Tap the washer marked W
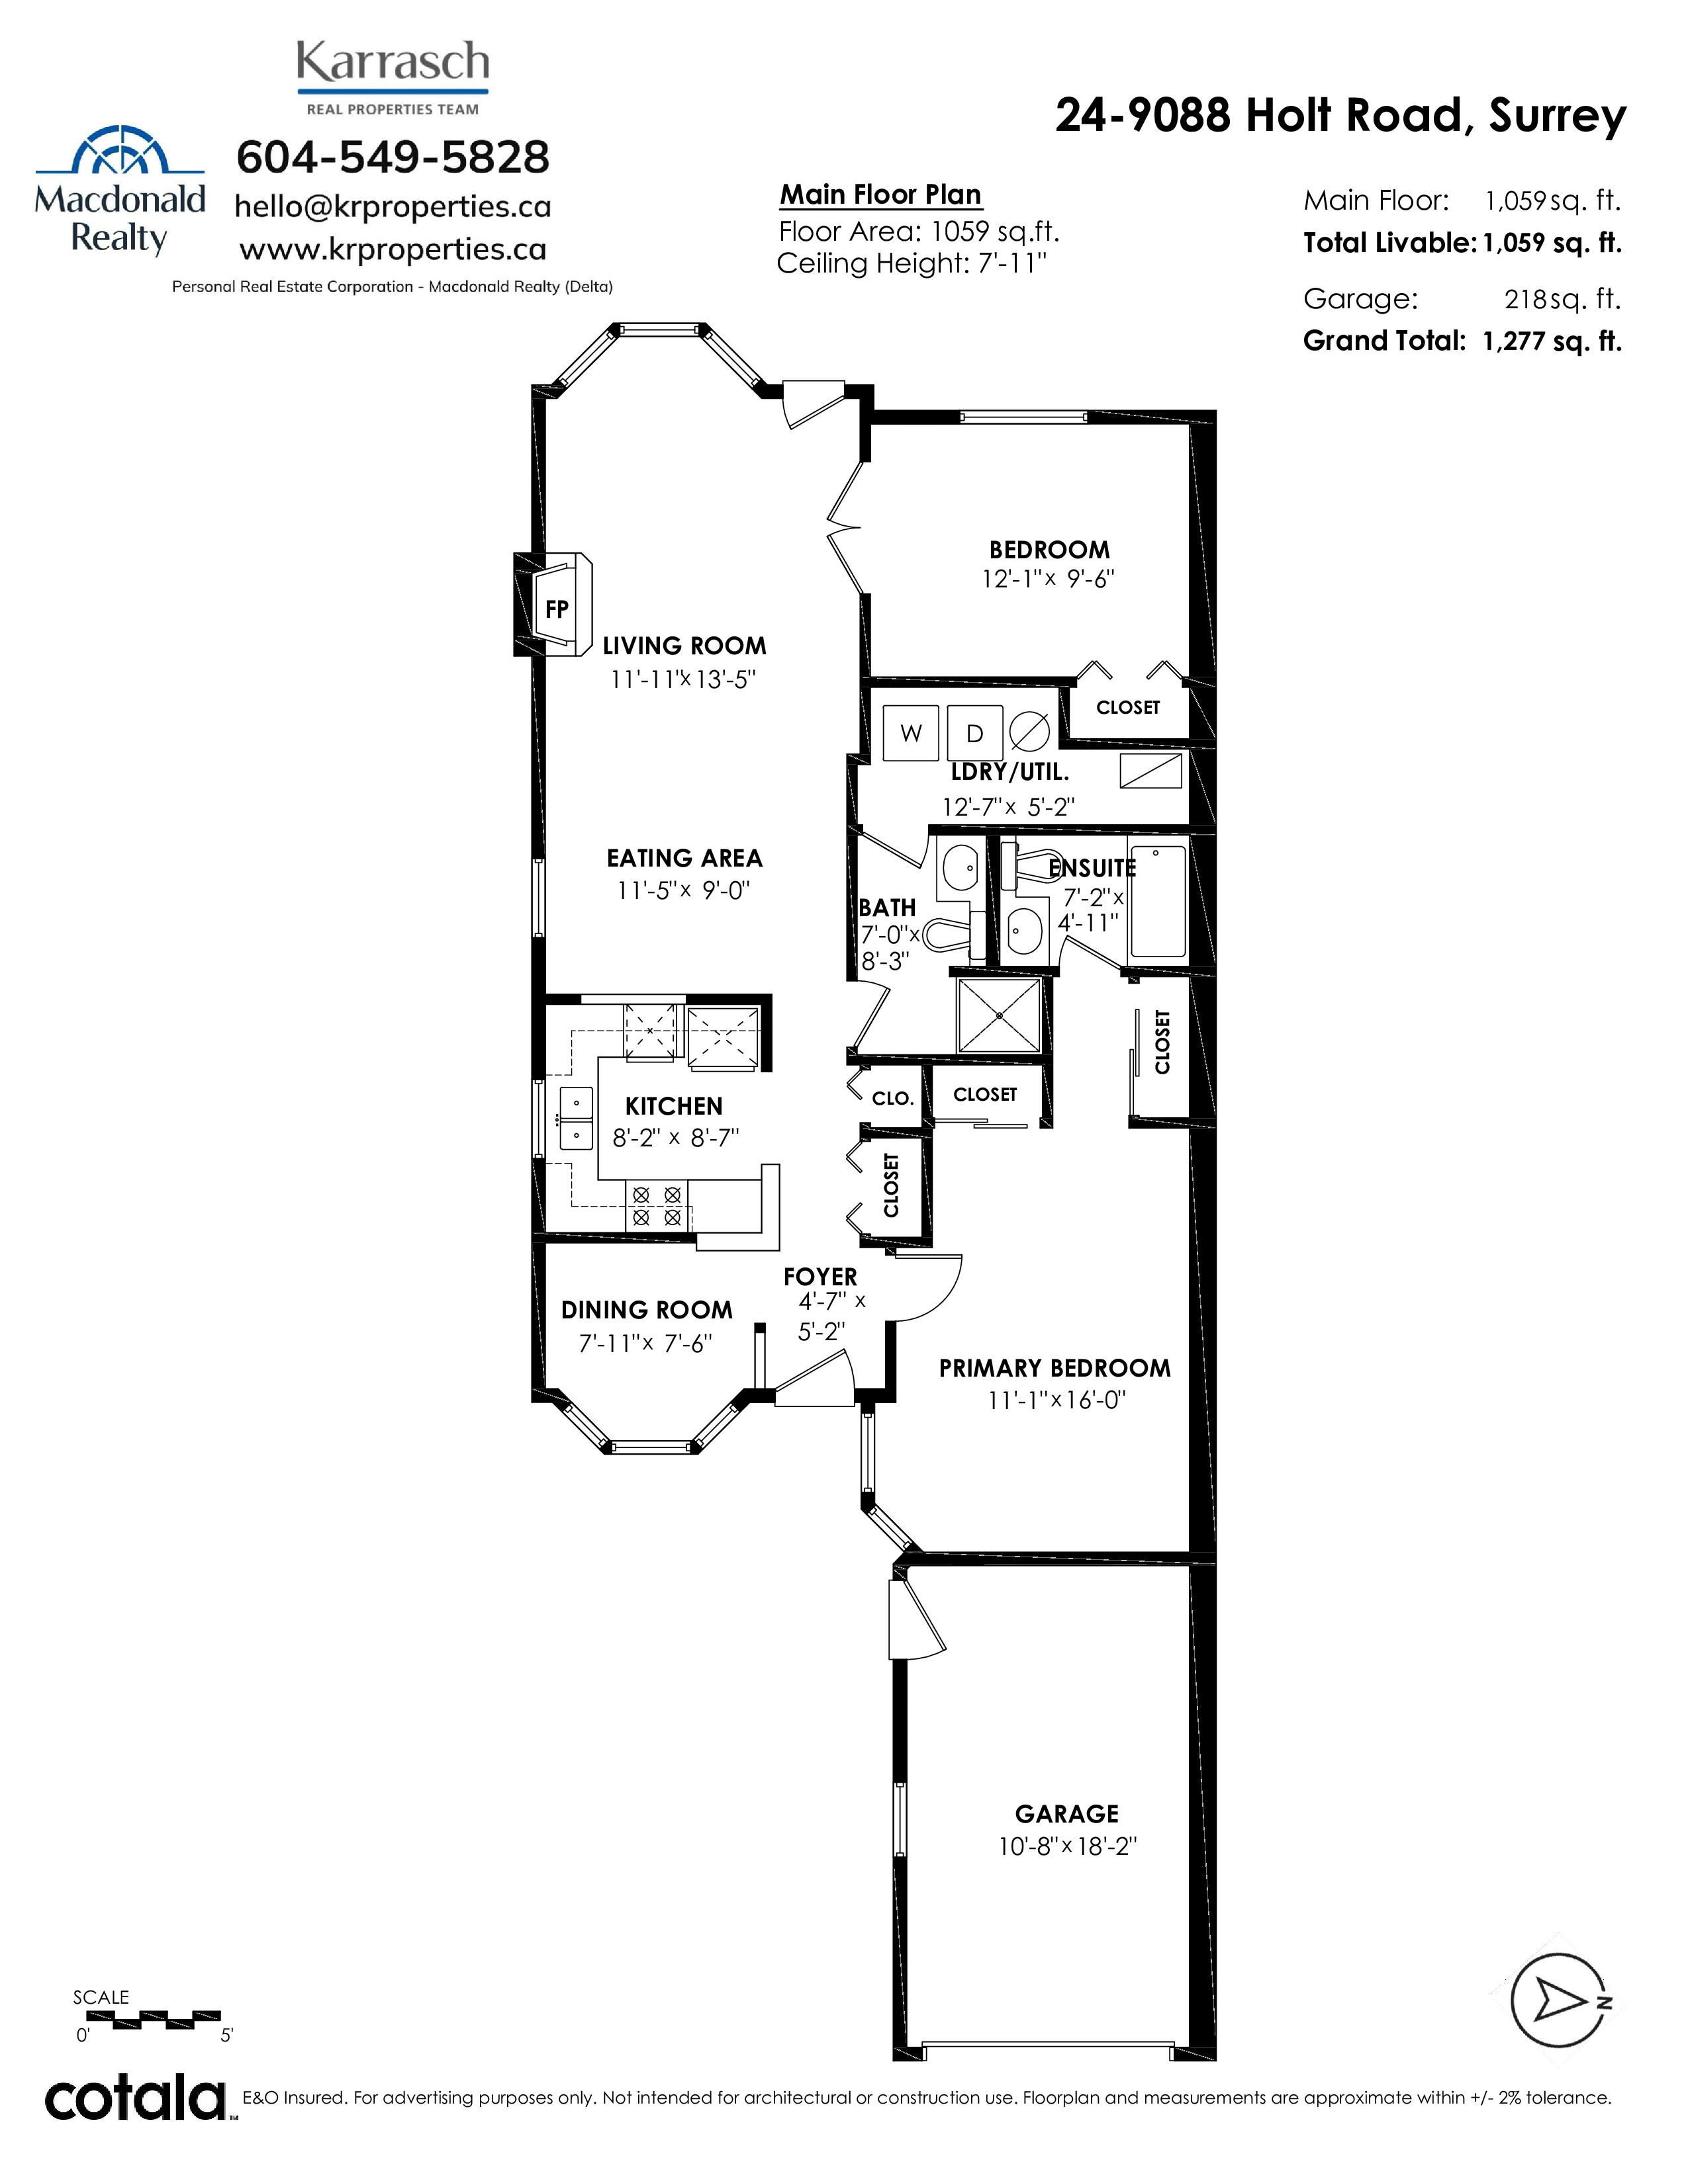[x=910, y=734]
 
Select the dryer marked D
[x=974, y=734]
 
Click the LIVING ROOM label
[x=684, y=646]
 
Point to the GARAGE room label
[x=1067, y=1813]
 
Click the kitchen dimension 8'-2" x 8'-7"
[x=675, y=1138]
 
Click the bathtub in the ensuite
[x=1157, y=900]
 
